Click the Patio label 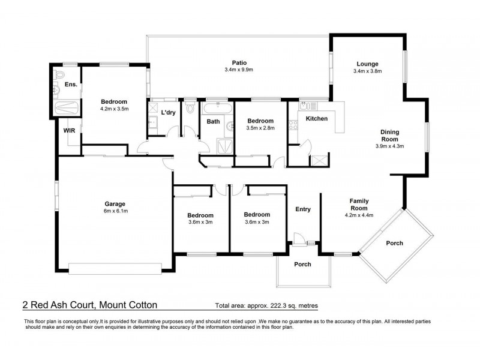click(x=240, y=62)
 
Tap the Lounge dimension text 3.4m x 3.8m click(x=367, y=71)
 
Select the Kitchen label click(x=317, y=119)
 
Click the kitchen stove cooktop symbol click(x=294, y=125)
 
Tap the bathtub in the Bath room click(x=217, y=109)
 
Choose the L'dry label click(x=168, y=112)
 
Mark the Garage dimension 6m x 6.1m click(x=114, y=211)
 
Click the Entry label click(x=303, y=209)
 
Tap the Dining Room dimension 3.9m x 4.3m click(x=390, y=145)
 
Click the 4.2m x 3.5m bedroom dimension click(x=114, y=109)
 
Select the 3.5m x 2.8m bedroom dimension click(x=260, y=128)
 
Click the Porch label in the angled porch click(x=394, y=243)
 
